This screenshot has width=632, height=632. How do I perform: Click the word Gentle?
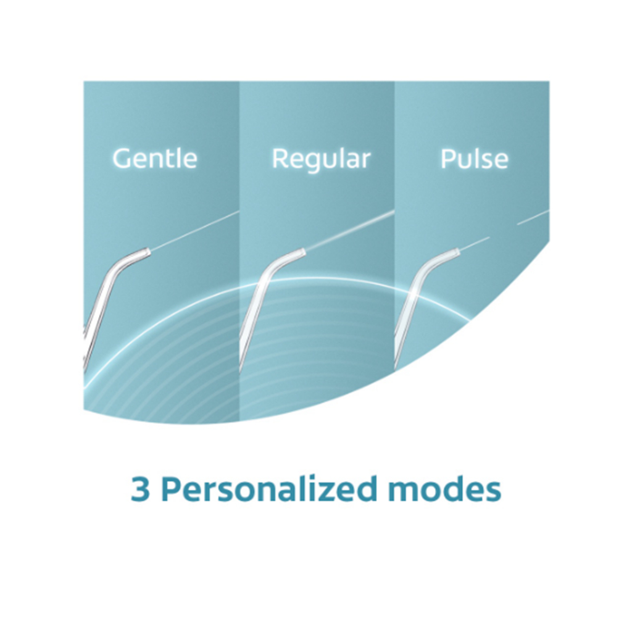click(155, 158)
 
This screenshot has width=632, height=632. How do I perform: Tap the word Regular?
click(321, 160)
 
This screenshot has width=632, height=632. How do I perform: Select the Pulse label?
click(474, 159)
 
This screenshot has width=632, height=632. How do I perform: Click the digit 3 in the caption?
click(140, 489)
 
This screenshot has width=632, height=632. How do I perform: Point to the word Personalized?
click(269, 488)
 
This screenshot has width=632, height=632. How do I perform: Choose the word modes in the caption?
click(444, 488)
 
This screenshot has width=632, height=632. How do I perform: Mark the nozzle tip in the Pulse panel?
click(457, 252)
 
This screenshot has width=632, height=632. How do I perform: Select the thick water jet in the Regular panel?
click(350, 231)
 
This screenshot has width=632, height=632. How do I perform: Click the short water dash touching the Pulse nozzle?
click(475, 244)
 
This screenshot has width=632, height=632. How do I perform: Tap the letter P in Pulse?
click(447, 159)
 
